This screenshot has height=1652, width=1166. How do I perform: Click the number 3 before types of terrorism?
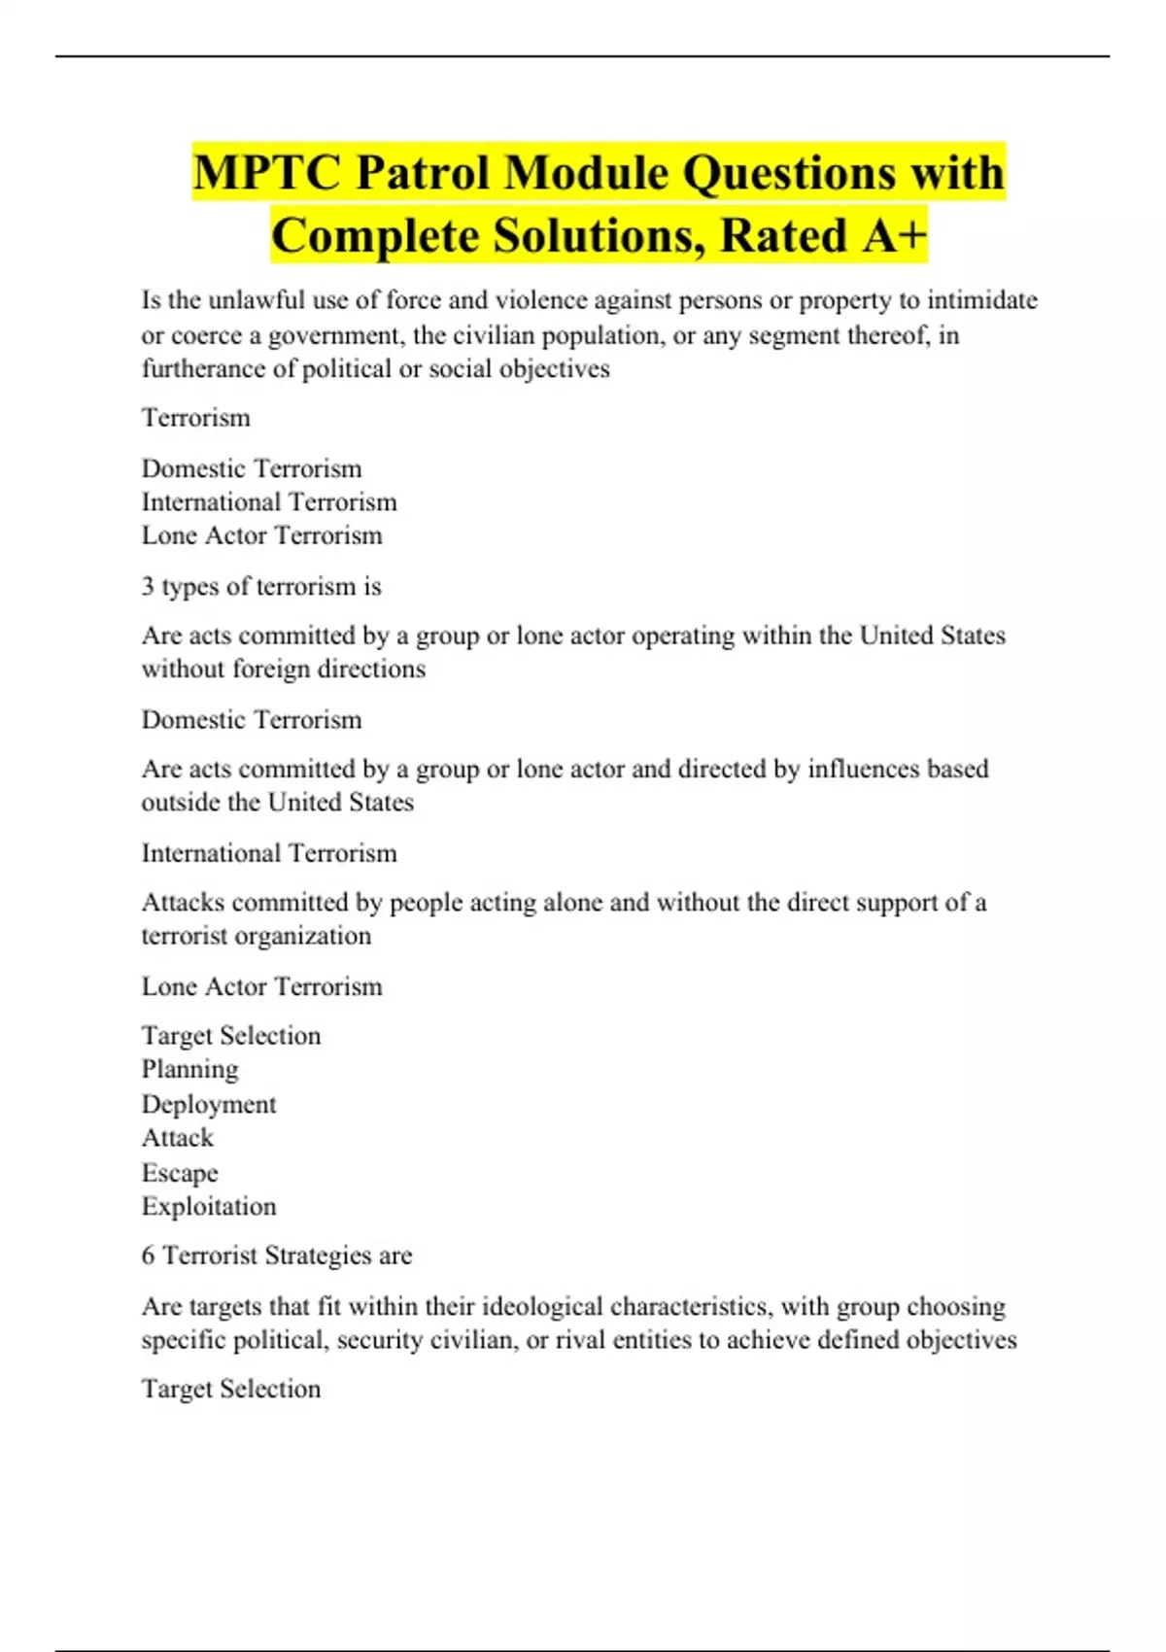148,587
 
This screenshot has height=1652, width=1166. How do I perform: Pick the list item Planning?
189,1069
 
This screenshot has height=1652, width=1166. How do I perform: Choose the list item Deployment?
209,1105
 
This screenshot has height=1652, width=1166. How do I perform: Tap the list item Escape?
180,1173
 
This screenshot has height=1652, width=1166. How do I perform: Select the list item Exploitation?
209,1207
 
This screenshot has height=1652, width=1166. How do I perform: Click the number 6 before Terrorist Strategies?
148,1256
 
